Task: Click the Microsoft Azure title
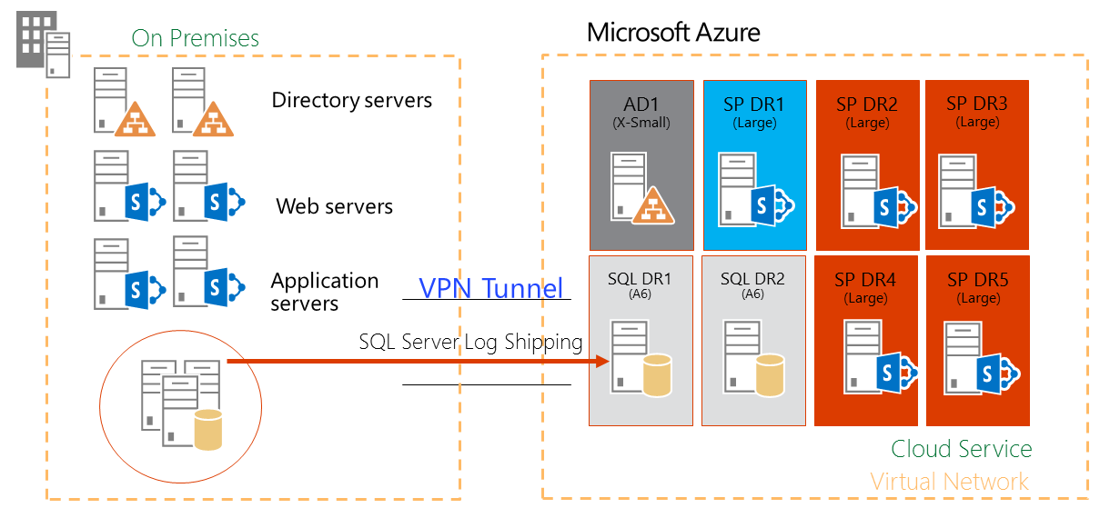(x=673, y=33)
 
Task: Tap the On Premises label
(x=195, y=38)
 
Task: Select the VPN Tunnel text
(x=491, y=288)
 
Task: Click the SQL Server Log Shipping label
(x=470, y=342)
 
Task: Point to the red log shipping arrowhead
(x=600, y=362)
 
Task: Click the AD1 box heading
(x=641, y=104)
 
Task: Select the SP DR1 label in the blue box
(x=753, y=104)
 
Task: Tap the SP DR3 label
(x=977, y=104)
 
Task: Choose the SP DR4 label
(x=865, y=280)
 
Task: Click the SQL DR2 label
(x=752, y=279)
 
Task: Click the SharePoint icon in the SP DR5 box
(x=996, y=373)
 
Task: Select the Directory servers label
(x=351, y=100)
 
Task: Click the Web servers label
(x=335, y=206)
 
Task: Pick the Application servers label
(x=324, y=292)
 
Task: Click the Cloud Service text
(x=961, y=449)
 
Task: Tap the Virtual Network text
(x=949, y=482)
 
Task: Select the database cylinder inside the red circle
(x=208, y=430)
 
